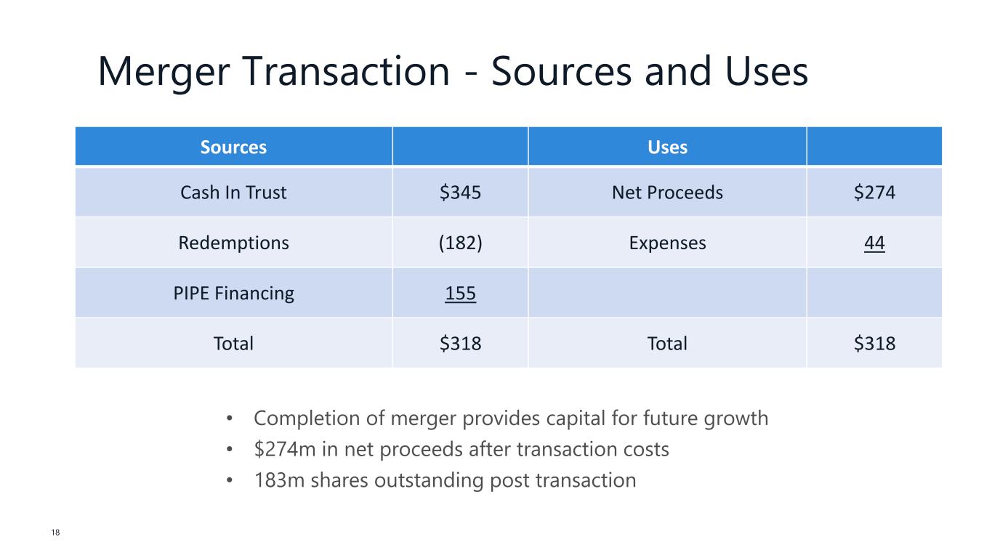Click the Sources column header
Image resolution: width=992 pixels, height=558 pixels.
click(233, 147)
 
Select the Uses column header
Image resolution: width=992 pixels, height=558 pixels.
click(667, 147)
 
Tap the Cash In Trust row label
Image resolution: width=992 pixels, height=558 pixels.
click(233, 193)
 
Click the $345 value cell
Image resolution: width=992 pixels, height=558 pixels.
click(460, 193)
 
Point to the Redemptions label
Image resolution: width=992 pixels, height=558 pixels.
click(233, 243)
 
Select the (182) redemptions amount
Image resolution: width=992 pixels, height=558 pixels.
click(460, 243)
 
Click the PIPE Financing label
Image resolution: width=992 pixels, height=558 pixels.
click(233, 294)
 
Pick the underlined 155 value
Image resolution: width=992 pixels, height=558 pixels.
click(460, 294)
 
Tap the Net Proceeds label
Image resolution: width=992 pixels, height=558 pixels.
click(667, 193)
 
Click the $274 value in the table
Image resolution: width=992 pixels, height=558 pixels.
click(874, 193)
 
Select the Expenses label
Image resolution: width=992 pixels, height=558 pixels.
click(667, 243)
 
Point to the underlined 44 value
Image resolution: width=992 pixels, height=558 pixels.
click(874, 243)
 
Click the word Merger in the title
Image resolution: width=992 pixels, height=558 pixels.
click(164, 72)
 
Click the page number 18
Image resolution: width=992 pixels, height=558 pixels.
click(55, 533)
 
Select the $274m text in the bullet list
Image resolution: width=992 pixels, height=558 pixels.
click(285, 449)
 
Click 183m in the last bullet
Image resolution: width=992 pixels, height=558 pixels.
click(280, 480)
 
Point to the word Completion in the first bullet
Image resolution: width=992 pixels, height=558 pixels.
click(307, 418)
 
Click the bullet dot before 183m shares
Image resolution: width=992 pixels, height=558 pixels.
click(230, 480)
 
